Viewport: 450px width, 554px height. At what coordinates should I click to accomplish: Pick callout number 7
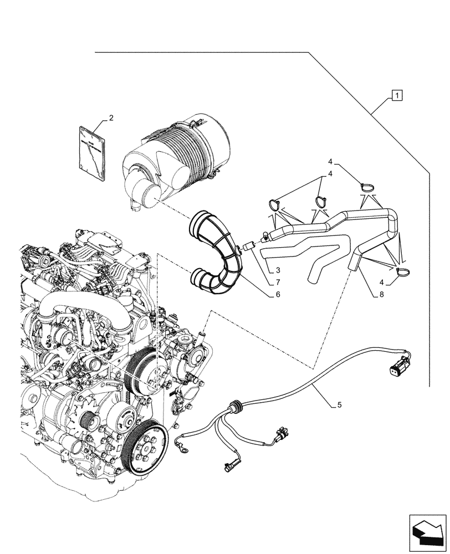[x=271, y=283]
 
